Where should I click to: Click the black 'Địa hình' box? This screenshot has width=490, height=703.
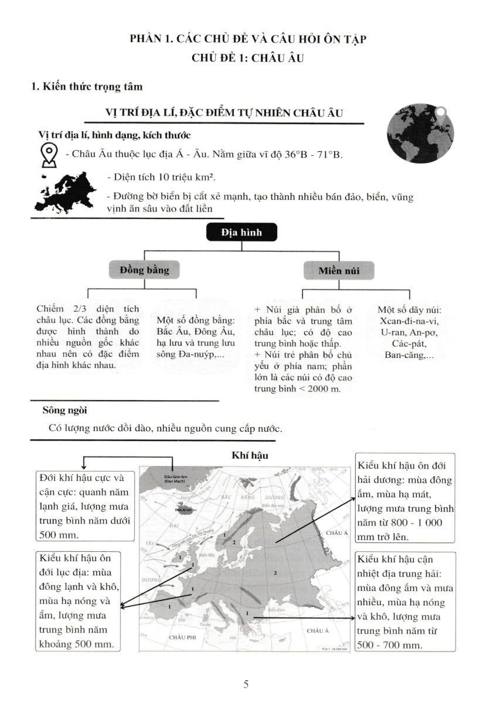point(241,233)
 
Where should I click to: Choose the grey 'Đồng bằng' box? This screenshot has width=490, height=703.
point(144,270)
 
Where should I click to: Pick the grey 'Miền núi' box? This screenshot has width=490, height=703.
point(338,271)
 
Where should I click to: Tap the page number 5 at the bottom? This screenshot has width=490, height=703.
point(246,684)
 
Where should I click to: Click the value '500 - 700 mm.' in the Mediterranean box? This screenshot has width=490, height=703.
point(389,644)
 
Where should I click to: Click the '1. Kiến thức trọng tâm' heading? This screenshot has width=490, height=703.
point(87,87)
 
